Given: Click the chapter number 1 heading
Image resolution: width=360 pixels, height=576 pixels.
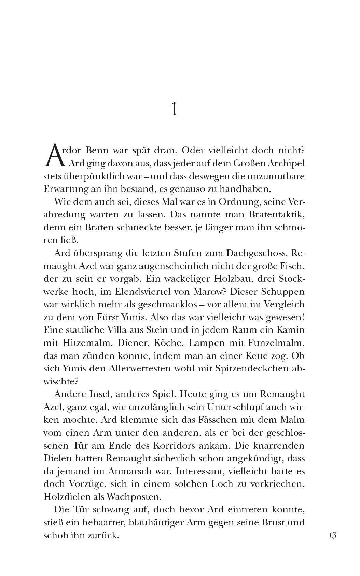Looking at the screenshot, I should [x=174, y=109].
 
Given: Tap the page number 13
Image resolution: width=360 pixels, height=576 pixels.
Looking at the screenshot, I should [x=332, y=535].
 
